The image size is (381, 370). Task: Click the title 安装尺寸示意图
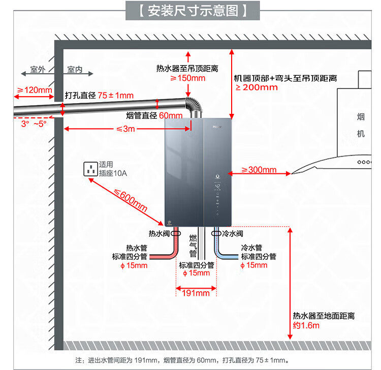point(193,10)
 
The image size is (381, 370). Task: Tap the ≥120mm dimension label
point(35,90)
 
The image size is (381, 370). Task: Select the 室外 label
point(38,70)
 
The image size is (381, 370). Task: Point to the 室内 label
point(75,70)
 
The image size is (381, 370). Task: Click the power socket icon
point(91,169)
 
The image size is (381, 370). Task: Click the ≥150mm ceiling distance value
point(187,78)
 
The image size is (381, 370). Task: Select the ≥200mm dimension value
point(257,87)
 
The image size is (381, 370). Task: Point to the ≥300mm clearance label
point(259,170)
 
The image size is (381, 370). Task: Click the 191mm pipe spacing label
point(196,293)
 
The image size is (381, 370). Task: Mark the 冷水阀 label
point(233,234)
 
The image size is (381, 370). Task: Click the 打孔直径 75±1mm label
point(99,96)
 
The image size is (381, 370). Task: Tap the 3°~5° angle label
point(34,124)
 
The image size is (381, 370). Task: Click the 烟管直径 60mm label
point(153,115)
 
